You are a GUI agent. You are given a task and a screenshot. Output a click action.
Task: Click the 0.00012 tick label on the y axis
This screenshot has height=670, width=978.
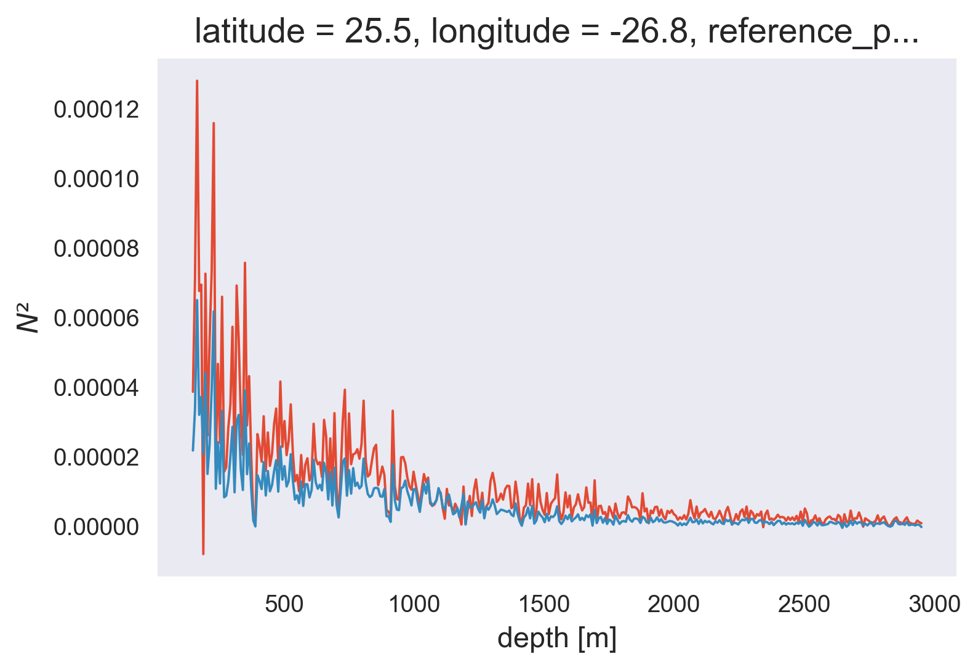point(96,110)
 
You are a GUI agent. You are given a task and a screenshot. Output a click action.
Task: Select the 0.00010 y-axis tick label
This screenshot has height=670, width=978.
point(96,180)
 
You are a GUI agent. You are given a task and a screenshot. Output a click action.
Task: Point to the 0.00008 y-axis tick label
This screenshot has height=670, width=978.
point(96,249)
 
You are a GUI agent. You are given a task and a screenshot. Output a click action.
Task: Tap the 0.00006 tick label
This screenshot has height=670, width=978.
point(96,319)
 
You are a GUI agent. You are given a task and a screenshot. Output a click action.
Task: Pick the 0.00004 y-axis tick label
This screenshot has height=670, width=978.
point(96,389)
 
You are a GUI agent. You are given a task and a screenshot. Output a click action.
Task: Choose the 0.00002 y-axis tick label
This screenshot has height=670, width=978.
point(96,458)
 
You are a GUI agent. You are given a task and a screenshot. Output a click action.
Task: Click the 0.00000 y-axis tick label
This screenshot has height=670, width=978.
point(96,528)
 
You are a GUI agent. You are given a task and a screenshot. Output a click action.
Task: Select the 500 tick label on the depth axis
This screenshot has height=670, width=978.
point(284,605)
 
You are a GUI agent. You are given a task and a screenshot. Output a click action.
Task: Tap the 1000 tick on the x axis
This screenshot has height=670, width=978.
point(414,605)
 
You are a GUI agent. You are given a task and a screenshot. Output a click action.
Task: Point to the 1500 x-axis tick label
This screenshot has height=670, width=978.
point(543,605)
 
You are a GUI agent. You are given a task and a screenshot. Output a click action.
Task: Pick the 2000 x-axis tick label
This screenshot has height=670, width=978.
point(674,605)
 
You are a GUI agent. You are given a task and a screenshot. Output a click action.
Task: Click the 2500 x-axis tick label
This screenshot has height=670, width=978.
point(804,605)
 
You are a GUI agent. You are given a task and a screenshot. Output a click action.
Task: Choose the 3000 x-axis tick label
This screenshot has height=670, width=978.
point(934,605)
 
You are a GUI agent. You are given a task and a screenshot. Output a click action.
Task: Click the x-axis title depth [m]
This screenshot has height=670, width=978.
point(557,639)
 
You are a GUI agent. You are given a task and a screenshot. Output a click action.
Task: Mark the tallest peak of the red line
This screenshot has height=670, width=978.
point(197,81)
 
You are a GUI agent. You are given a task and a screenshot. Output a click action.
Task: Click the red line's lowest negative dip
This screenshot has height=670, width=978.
point(203,554)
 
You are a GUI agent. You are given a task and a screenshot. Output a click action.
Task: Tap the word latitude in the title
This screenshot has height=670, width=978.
point(241,32)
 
